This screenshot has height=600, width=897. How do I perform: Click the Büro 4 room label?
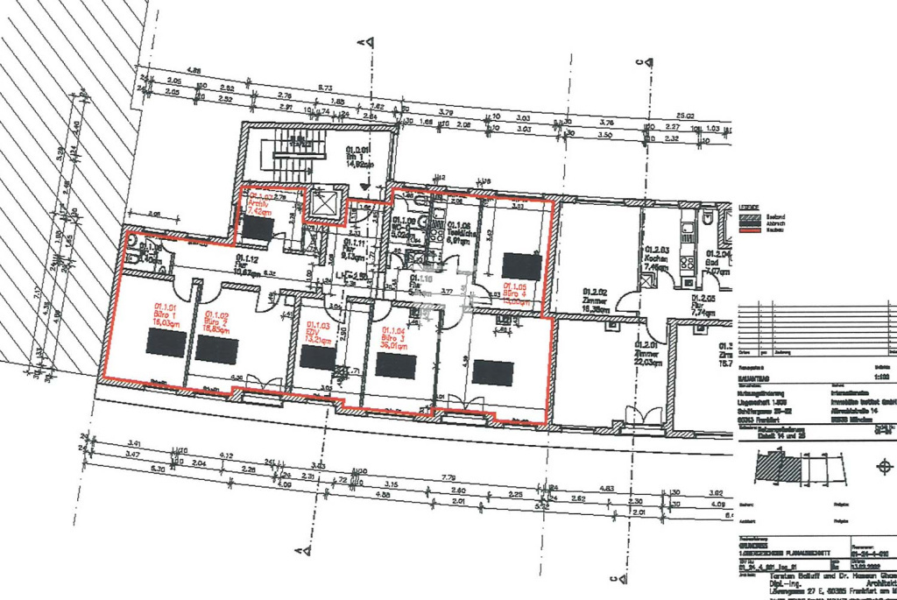[517, 293]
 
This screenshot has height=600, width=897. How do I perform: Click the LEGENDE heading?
[748, 208]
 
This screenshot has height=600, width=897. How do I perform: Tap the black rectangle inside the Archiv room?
[258, 229]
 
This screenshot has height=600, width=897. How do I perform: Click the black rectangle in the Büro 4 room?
[521, 265]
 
